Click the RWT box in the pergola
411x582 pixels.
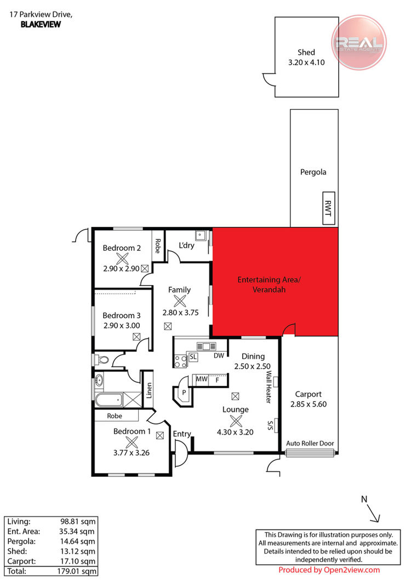pos(328,208)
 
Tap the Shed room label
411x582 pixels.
pos(306,52)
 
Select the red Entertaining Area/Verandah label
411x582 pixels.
pos(269,284)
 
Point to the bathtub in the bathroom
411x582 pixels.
pos(109,400)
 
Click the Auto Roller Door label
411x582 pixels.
pos(310,443)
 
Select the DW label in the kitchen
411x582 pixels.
pos(219,355)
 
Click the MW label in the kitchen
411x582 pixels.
pos(202,379)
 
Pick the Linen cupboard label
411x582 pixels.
pos(149,391)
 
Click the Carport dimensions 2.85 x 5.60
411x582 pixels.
pos(309,404)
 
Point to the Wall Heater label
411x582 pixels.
pos(269,387)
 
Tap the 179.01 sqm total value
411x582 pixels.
pos(76,571)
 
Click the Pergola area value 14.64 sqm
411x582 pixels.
pos(77,541)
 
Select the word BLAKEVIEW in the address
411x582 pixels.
pos(41,25)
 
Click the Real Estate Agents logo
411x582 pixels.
pos(359,43)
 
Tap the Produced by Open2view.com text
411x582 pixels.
pos(329,570)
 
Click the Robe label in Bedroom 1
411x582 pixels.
pos(115,416)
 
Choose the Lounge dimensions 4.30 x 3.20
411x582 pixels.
pos(235,432)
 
